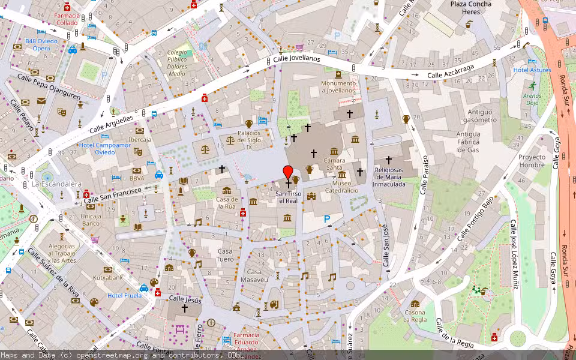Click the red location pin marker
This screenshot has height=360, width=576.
point(288,172)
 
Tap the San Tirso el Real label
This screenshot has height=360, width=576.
point(287,197)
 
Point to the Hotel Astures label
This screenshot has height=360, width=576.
point(532,70)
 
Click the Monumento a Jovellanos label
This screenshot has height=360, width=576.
point(339,87)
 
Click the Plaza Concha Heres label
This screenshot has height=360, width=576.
point(471,8)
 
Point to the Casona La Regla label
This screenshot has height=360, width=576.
point(415,316)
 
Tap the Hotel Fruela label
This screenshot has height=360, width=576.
point(124,295)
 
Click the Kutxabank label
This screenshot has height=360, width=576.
point(108,278)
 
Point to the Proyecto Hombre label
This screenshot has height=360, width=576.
point(532,161)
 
